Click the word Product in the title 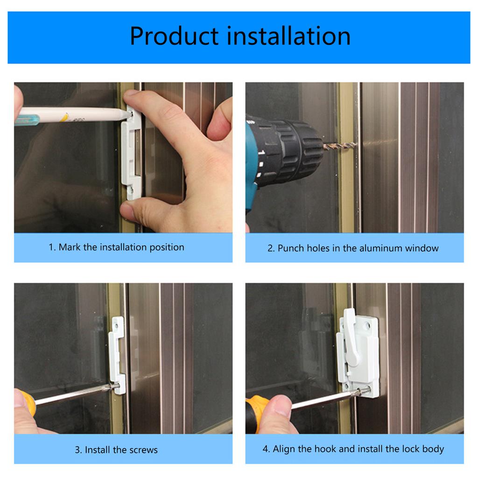[x=174, y=36]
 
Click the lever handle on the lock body [x=350, y=336]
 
